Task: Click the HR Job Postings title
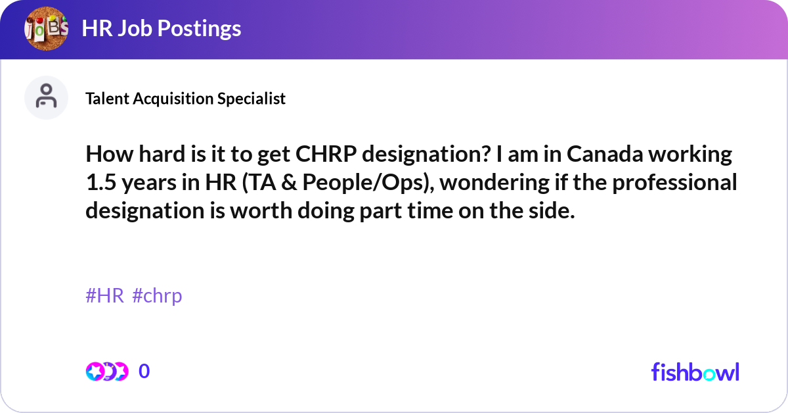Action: point(161,28)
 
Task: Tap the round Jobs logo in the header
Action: point(45,28)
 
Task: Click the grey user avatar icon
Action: point(46,97)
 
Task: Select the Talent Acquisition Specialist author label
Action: point(185,98)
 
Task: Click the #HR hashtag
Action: point(104,296)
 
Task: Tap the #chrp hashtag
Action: point(157,296)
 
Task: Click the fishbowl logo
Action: point(695,372)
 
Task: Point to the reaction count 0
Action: point(144,372)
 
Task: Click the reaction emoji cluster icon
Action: point(106,372)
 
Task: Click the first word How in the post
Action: point(106,155)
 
